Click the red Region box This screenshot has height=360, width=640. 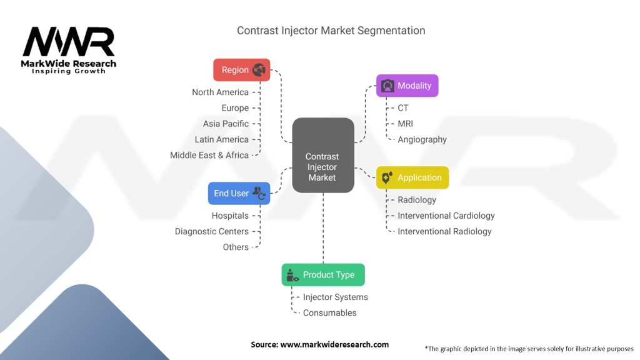pyautogui.click(x=242, y=70)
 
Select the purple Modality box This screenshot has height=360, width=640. pyautogui.click(x=407, y=86)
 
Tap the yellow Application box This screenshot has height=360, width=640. pyautogui.click(x=412, y=177)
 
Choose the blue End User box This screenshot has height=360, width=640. pyautogui.click(x=239, y=194)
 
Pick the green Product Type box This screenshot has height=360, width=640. pyautogui.click(x=323, y=275)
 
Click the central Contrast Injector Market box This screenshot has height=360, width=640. pyautogui.click(x=323, y=155)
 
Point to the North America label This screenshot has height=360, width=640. pyautogui.click(x=221, y=92)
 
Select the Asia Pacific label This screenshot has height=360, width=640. pyautogui.click(x=226, y=124)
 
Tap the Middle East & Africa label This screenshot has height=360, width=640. pyautogui.click(x=209, y=155)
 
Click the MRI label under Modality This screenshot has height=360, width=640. pyautogui.click(x=405, y=124)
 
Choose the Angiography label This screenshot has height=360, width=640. pyautogui.click(x=422, y=139)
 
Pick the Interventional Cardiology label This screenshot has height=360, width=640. pyautogui.click(x=446, y=216)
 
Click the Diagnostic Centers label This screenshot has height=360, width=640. pyautogui.click(x=212, y=231)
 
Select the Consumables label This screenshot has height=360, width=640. pyautogui.click(x=330, y=312)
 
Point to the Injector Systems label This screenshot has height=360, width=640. pyautogui.click(x=336, y=297)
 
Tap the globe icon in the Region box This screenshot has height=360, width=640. pyautogui.click(x=259, y=70)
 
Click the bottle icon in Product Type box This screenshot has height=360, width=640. pyautogui.click(x=292, y=275)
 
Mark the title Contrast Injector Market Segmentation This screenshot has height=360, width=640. pyautogui.click(x=331, y=31)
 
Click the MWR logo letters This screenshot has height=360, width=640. pyautogui.click(x=69, y=42)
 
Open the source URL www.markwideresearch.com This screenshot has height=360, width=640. pyautogui.click(x=335, y=344)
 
